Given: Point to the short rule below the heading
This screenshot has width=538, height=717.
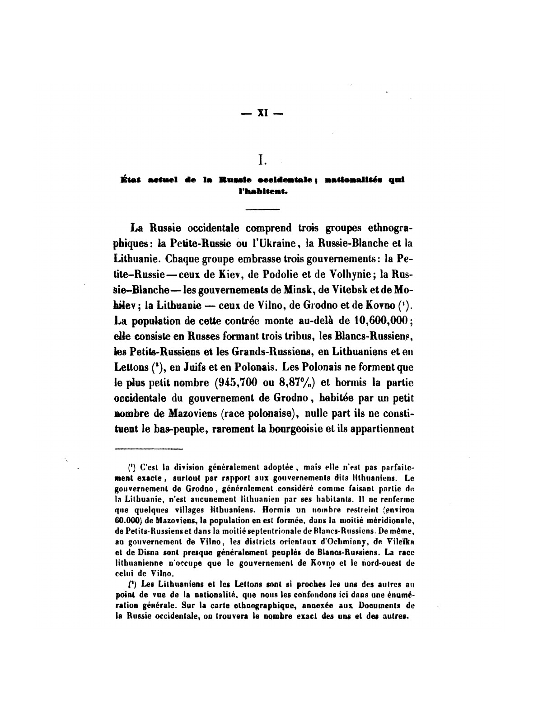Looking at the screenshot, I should [x=262, y=209].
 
